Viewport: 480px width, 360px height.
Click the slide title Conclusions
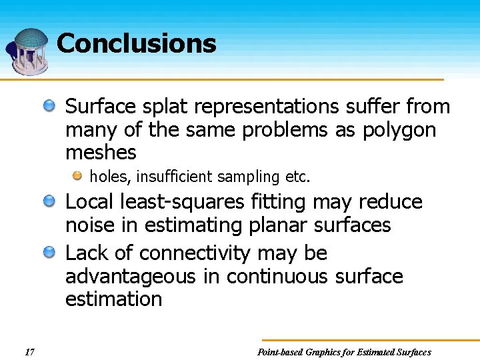click(137, 44)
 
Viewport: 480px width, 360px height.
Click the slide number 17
click(29, 352)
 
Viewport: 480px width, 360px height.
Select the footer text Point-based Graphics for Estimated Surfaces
click(344, 352)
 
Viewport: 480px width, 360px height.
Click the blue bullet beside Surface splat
click(49, 105)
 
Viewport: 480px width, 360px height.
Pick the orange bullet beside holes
click(78, 176)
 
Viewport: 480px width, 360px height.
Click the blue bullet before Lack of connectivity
click(49, 252)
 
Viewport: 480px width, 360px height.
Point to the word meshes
click(101, 153)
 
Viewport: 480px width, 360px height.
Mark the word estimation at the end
click(113, 299)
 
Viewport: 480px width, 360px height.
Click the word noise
click(91, 225)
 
